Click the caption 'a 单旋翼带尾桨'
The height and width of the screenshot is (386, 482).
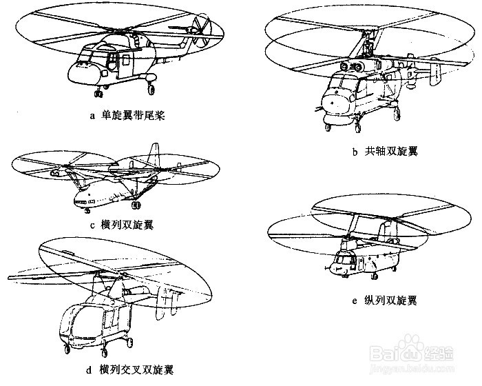[x=127, y=116]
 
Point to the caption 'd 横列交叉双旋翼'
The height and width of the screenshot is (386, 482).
[x=129, y=370]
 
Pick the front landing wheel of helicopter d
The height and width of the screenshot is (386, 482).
[x=67, y=352]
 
